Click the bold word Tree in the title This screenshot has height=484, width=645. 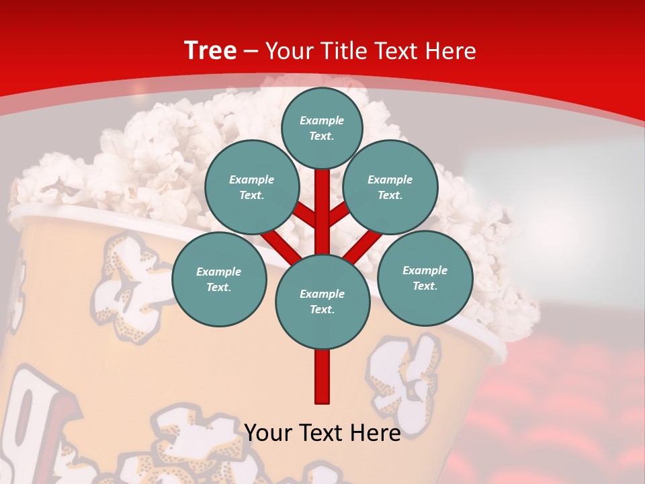pos(210,50)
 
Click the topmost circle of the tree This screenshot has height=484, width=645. pos(322,128)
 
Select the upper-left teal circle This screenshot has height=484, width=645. pos(252,187)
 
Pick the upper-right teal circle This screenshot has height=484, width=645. pos(390,187)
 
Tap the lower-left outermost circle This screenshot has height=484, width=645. pos(219,279)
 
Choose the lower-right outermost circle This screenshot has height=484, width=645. pos(425,278)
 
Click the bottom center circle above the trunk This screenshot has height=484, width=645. pos(322,301)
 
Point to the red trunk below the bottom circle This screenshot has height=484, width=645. pos(322,376)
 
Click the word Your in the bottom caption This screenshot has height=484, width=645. pos(269,433)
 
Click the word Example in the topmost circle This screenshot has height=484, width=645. pos(322,120)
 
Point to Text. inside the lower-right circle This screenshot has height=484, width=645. pos(425,286)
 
